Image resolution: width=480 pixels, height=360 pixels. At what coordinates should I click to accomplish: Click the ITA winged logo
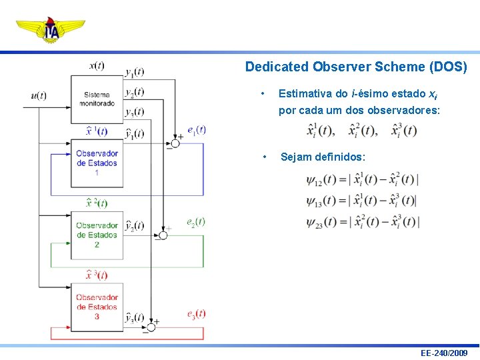coord(51,30)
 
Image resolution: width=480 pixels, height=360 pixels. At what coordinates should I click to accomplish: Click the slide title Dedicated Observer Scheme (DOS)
coord(356,67)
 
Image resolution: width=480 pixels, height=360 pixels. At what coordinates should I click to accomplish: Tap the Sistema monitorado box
coord(97,99)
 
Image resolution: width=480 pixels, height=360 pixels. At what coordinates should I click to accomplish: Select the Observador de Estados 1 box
coord(97,163)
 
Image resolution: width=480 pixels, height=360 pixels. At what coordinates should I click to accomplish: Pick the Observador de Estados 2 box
coord(97,235)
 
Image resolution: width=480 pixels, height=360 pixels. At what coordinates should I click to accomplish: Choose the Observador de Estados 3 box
coord(97,307)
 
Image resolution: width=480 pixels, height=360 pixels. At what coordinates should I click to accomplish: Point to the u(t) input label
coord(39,95)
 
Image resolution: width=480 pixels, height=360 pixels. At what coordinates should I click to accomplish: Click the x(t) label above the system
coord(96,65)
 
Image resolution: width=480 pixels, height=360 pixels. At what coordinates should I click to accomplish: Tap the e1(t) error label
coord(197,129)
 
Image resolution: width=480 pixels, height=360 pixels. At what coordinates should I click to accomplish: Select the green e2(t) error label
coord(196,221)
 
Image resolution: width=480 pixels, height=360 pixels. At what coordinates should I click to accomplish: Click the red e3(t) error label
coord(197,313)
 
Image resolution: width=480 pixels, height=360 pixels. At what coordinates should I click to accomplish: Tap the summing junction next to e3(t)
coord(151,327)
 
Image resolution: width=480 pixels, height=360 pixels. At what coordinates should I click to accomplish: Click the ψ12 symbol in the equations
coord(314,180)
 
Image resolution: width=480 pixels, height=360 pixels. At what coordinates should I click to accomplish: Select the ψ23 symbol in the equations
coord(314,223)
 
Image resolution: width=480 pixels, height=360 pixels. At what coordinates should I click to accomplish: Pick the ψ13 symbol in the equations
coord(314,201)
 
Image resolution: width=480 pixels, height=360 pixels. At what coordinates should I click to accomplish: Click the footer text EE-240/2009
coord(444,353)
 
